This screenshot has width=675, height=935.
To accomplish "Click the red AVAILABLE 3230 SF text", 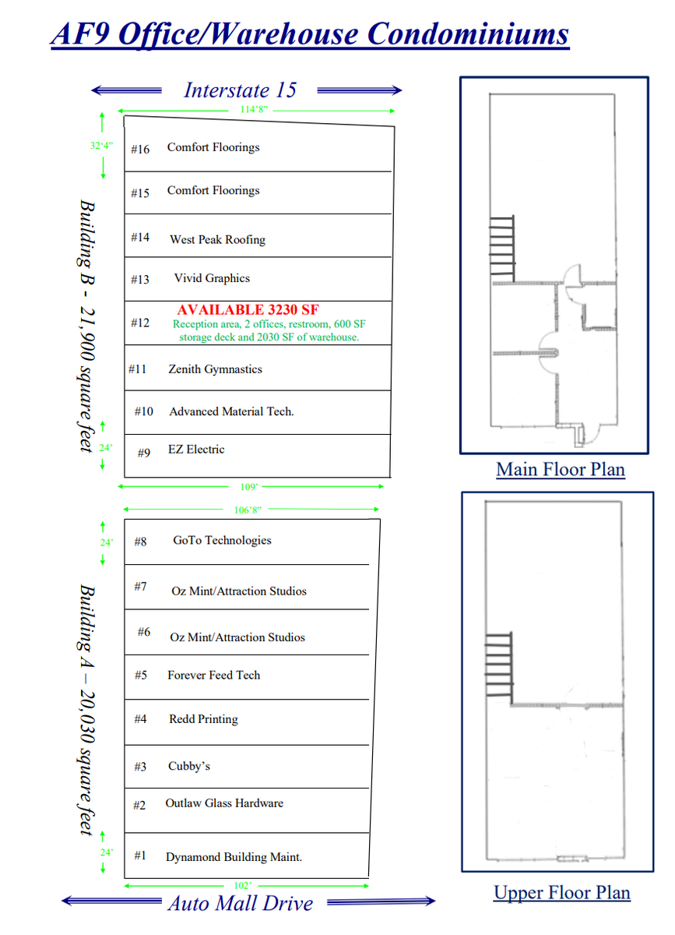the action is tap(248, 310).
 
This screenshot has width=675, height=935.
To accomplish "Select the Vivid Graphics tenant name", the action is tap(212, 278).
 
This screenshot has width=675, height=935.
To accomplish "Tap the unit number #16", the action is tap(140, 150).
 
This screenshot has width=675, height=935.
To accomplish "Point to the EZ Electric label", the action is tap(196, 450).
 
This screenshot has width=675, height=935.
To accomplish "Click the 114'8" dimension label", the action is tap(254, 110).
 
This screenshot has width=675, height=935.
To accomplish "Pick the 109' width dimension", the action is tap(249, 487).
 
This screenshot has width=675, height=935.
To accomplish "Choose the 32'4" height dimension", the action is tap(101, 146).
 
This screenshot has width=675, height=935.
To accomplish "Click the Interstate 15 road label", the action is tap(241, 90).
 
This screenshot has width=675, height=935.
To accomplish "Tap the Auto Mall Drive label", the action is tap(241, 903).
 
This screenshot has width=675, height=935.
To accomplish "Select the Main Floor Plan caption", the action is tap(561, 470).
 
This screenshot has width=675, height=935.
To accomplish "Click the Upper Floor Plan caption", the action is tap(561, 893).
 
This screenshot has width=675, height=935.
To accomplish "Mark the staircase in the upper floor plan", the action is tap(499, 665).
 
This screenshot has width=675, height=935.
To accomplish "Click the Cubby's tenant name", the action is tap(189, 767).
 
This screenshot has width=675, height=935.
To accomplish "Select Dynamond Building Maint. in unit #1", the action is tap(234, 857).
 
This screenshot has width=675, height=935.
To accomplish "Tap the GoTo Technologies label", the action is tap(222, 541).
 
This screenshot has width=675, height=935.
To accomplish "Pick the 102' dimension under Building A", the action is tap(242, 886).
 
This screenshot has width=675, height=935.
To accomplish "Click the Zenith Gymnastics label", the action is tap(215, 369).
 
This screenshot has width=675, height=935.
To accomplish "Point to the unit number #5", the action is tap(141, 676).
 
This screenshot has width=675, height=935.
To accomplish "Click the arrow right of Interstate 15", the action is tap(360, 90).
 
